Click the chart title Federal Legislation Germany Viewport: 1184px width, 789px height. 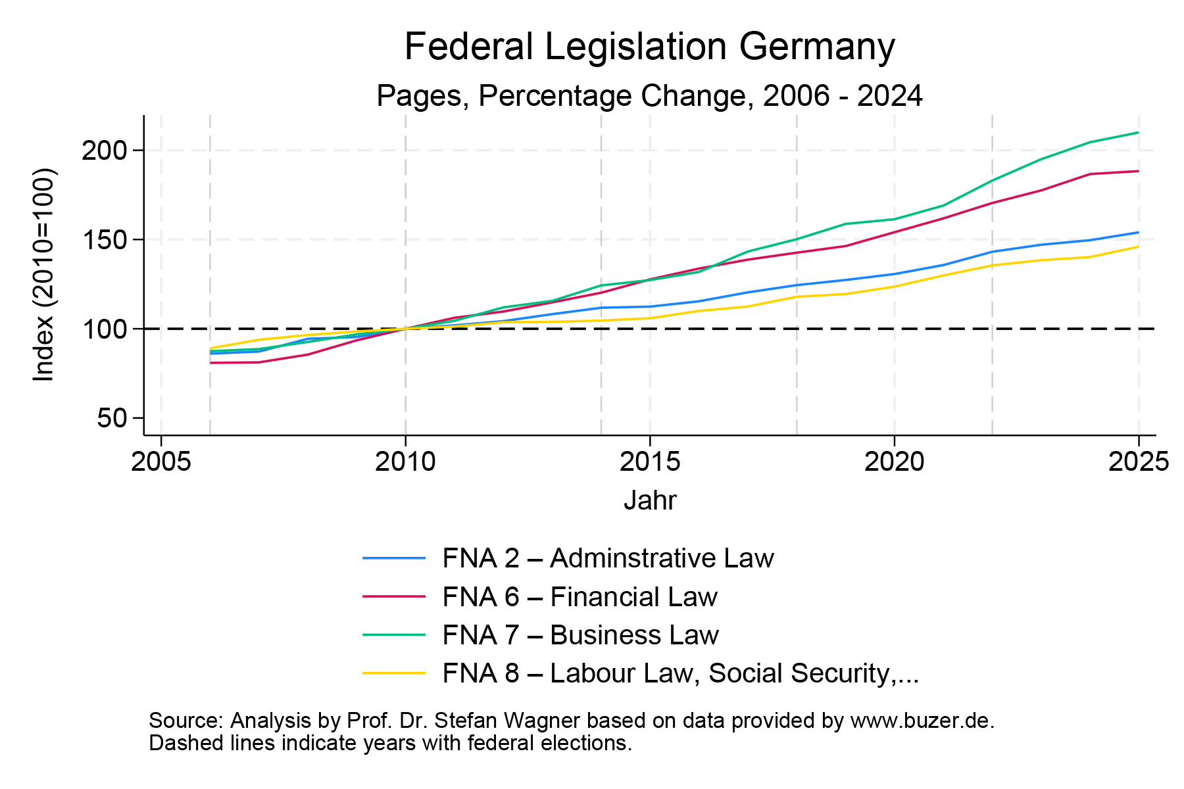[x=649, y=47]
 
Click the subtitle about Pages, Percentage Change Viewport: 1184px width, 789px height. [x=649, y=96]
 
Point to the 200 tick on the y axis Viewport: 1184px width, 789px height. [x=103, y=151]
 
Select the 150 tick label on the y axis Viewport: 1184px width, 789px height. [x=103, y=240]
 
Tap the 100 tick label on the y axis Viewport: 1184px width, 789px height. [x=103, y=329]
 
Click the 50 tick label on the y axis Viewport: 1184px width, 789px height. [x=111, y=418]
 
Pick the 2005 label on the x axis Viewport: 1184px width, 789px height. [x=161, y=462]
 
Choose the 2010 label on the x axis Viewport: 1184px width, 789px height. [x=405, y=462]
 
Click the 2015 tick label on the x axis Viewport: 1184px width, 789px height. [x=650, y=462]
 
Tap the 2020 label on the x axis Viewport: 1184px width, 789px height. [x=894, y=462]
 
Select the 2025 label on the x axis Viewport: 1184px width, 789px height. [x=1138, y=462]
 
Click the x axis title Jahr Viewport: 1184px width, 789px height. [x=650, y=501]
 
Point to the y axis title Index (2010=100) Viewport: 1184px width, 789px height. [x=45, y=275]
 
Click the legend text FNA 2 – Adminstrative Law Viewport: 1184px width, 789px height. [x=608, y=558]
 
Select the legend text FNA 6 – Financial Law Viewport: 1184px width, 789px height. [x=580, y=597]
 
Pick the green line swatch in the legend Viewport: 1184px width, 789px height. [x=394, y=635]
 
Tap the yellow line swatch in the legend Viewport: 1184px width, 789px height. [x=394, y=673]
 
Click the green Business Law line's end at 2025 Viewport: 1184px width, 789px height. [x=1138, y=133]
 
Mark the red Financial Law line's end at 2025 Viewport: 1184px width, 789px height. [x=1138, y=171]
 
